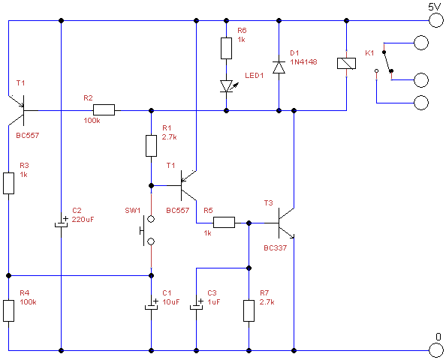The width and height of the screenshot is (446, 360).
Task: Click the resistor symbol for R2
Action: tap(104, 110)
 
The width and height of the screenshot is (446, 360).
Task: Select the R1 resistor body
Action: tap(151, 145)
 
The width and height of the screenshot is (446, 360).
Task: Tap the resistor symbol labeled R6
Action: tap(226, 48)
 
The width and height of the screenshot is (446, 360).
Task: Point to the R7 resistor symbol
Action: tap(249, 310)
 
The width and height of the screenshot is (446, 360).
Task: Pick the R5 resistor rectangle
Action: tap(225, 222)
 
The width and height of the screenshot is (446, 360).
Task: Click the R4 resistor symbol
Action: tap(8, 310)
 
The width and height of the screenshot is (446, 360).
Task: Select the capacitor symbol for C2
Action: tap(62, 222)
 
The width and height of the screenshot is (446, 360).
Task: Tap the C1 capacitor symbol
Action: tap(152, 305)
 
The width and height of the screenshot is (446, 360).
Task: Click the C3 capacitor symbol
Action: tap(196, 305)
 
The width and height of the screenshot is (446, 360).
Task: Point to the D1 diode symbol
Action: tap(279, 67)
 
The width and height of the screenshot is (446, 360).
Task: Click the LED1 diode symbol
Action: tap(228, 86)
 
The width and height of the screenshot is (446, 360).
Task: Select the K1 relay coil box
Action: tap(346, 63)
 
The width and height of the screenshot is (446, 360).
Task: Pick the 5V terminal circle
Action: tap(435, 20)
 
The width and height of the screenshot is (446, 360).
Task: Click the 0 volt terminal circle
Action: tap(435, 350)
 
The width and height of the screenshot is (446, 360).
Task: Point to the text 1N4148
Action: tap(303, 61)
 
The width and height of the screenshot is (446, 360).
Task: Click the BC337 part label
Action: tap(275, 247)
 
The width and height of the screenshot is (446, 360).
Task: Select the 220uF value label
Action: tap(83, 219)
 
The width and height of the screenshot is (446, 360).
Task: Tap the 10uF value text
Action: tap(171, 301)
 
